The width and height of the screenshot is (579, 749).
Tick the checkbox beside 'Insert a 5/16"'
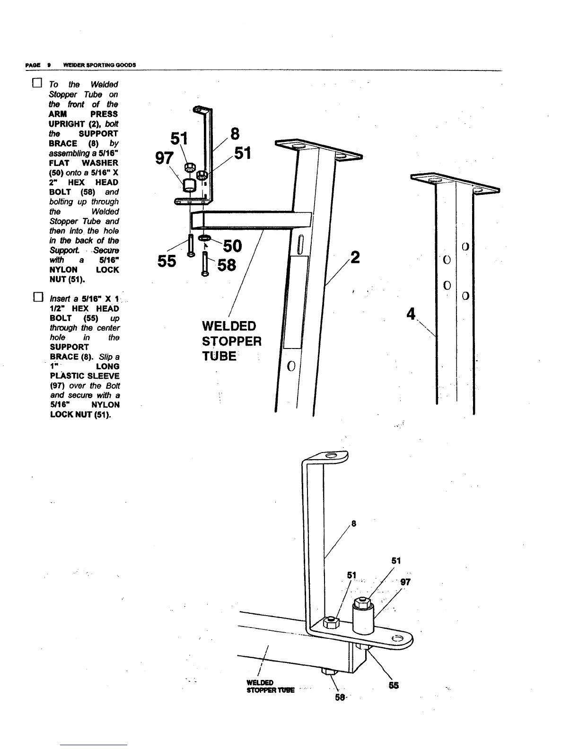pos(37,298)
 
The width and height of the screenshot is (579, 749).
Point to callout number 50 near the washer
pos(232,246)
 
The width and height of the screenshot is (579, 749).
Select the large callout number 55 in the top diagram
pos(167,261)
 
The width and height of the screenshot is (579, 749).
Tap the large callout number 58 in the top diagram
pos(226,265)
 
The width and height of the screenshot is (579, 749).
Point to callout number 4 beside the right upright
pos(411,313)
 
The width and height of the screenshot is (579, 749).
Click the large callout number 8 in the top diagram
pos(234,134)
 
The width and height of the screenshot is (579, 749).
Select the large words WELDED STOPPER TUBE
pos(231,341)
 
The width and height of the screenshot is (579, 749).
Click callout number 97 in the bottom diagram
pos(405,582)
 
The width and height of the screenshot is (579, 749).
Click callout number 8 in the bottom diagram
pos(354,523)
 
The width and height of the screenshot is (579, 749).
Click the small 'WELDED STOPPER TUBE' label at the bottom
pos(270,686)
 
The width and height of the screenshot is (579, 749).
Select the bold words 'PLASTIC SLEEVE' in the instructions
pos(85,376)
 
